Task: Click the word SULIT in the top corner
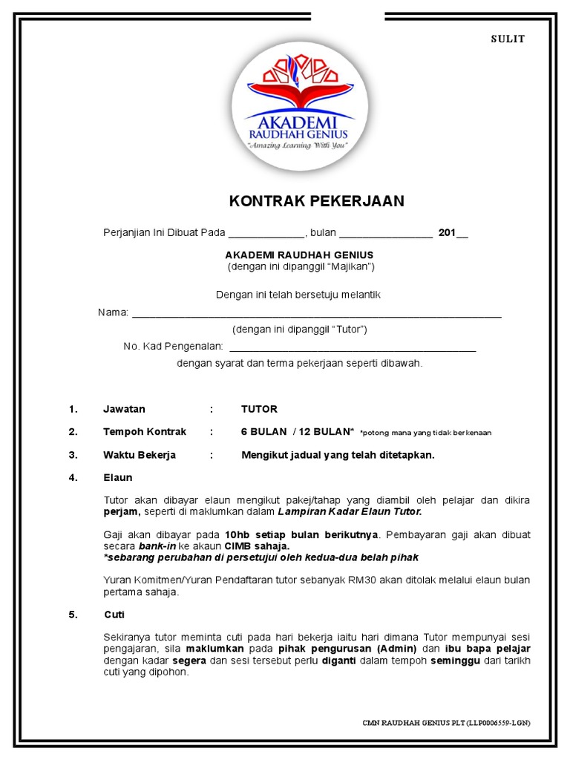[508, 39]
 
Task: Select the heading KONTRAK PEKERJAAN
[316, 201]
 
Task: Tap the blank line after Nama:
[316, 315]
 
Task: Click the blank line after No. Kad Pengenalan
[353, 347]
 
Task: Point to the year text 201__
[453, 233]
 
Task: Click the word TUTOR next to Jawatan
[259, 409]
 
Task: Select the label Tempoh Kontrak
[145, 431]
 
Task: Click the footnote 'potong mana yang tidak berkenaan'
[425, 433]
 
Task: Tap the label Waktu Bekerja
[140, 454]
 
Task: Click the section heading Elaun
[117, 477]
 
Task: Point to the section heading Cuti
[114, 615]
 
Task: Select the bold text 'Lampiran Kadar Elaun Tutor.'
[350, 511]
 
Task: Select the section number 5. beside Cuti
[73, 615]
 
